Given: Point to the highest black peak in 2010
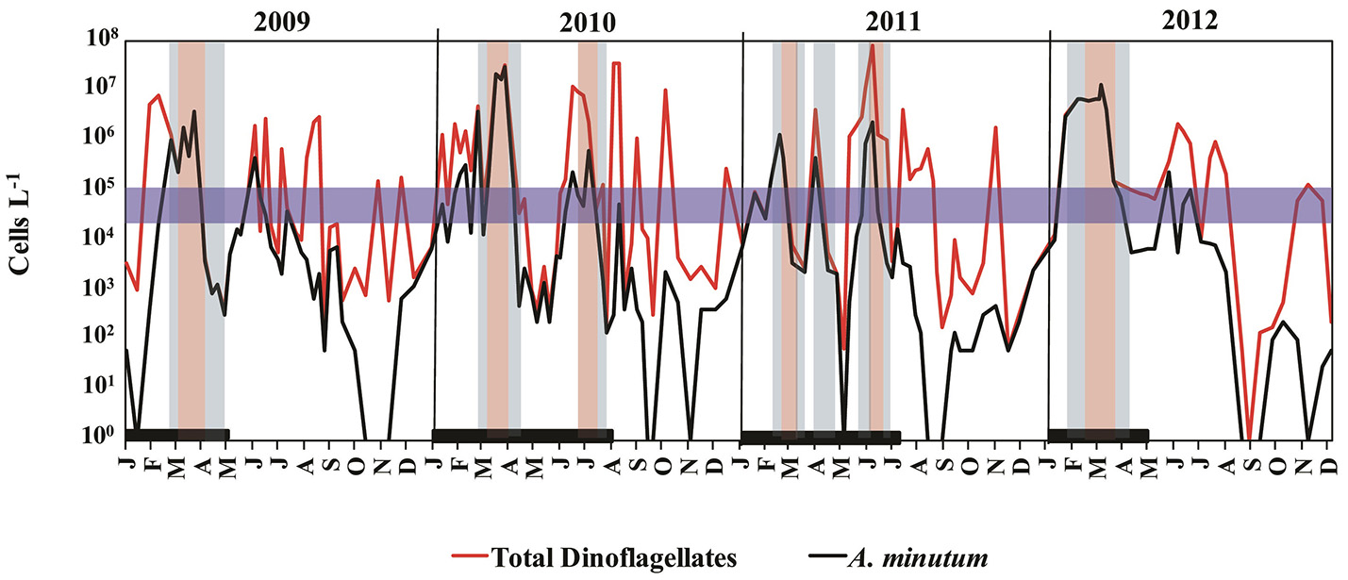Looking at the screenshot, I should tap(505, 66).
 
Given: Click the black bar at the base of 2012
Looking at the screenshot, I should tap(1098, 435).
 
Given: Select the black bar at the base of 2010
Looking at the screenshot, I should tap(522, 436).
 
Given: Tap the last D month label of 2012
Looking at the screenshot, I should tap(1328, 465).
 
